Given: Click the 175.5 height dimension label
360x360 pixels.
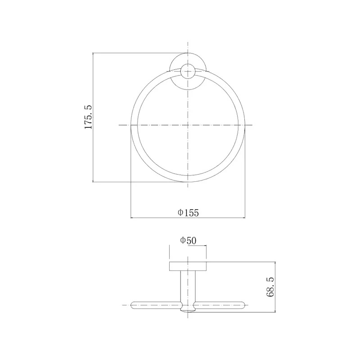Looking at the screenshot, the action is click(88, 117).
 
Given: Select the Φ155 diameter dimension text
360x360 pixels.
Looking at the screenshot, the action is click(188, 213).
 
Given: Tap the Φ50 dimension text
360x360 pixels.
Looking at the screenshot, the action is click(188, 241).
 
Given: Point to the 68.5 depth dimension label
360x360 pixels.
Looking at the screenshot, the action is click(270, 287).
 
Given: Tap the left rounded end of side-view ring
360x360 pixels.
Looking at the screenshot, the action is click(132, 305).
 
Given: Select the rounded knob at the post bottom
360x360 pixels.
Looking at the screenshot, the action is click(188, 310).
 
